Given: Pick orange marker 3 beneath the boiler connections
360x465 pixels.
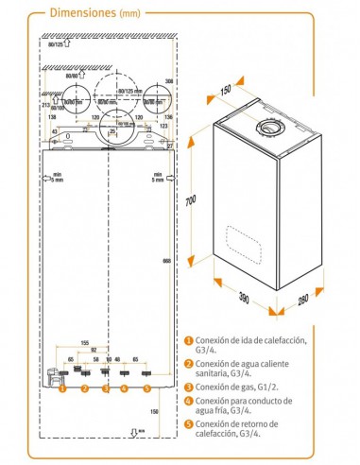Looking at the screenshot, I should [105, 388].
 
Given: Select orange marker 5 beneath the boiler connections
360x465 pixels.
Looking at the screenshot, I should [146, 388].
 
